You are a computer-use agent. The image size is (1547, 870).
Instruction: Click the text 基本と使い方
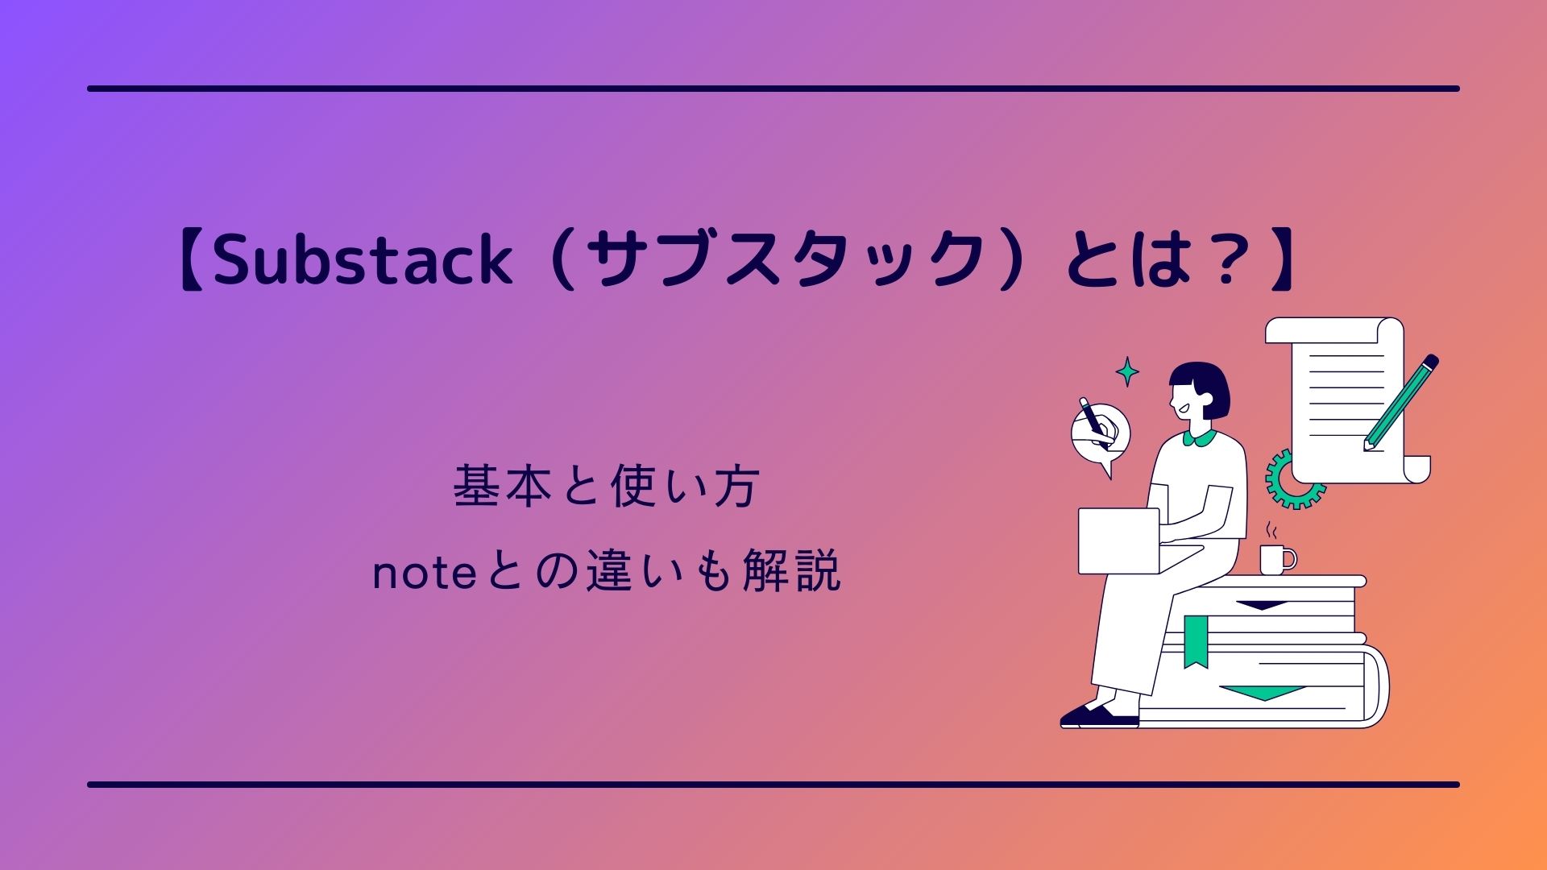pos(607,487)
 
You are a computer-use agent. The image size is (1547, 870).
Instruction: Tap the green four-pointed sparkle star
pos(1127,371)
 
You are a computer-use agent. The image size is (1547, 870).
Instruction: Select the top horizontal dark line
pos(773,89)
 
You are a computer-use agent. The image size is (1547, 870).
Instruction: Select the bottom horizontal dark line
pos(773,784)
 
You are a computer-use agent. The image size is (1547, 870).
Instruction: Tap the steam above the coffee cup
pos(1272,531)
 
